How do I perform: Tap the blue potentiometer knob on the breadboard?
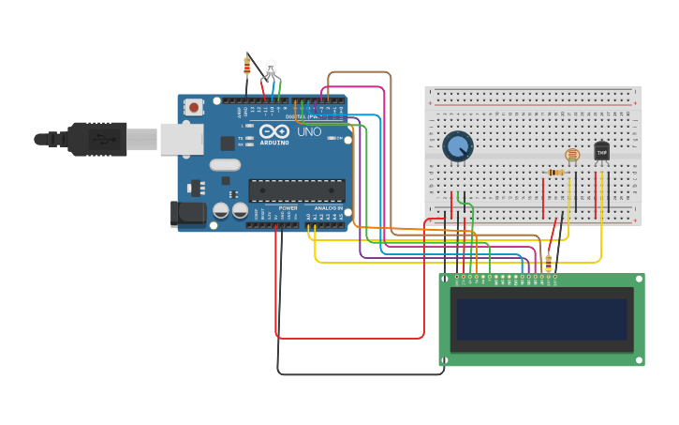coord(457,146)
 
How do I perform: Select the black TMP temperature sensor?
coord(601,151)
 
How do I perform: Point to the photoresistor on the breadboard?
coord(572,155)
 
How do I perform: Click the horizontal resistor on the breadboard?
coord(557,173)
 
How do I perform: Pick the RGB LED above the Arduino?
coord(271,69)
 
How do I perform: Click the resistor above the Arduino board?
coord(247,66)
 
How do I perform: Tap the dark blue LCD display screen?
coord(540,319)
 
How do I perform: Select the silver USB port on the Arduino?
coord(181,139)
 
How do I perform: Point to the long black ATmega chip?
coord(296,190)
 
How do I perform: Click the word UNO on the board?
coord(309,132)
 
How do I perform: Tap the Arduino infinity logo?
coord(275,132)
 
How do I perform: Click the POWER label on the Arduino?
coord(288,207)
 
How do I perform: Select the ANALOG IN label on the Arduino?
coord(328,207)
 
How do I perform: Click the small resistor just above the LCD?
coord(548,266)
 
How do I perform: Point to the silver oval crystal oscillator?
coord(225,165)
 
